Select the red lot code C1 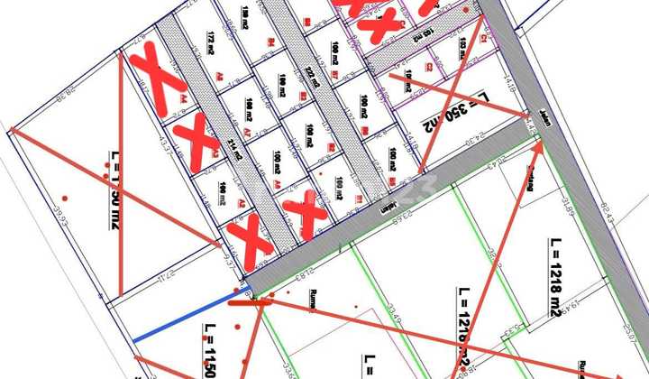485,39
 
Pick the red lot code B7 334,73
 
